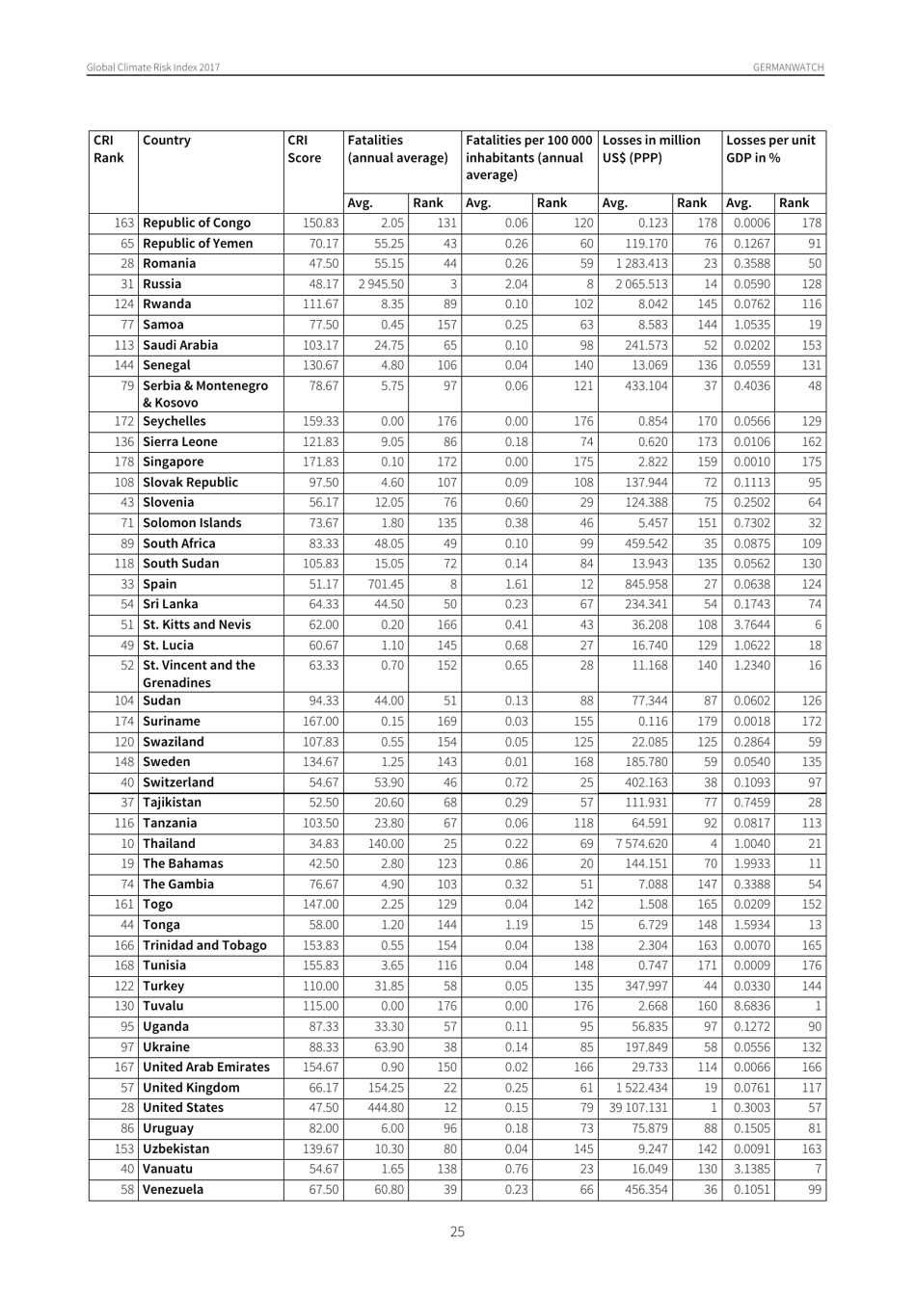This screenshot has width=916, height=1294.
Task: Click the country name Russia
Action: (x=162, y=284)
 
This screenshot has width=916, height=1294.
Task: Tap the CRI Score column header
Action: (x=304, y=149)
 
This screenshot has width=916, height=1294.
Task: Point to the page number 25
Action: (x=457, y=1231)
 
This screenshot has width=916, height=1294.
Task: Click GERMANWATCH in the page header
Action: (x=789, y=67)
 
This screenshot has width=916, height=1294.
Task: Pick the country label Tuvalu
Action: (x=165, y=1006)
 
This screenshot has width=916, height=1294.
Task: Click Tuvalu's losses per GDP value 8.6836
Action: (x=751, y=1006)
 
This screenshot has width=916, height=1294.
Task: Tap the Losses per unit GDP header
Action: (x=769, y=149)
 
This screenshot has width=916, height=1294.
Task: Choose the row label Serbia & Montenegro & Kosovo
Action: (x=205, y=394)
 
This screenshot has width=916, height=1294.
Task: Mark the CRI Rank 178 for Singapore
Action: (x=123, y=462)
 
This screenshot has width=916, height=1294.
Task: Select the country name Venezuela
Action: (x=173, y=1190)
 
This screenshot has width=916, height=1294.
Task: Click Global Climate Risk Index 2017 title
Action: (x=153, y=67)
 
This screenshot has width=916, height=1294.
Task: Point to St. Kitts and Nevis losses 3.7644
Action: (x=751, y=624)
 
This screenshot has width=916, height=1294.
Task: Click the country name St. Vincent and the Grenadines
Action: (x=199, y=673)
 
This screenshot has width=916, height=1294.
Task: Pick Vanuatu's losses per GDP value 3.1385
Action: (x=751, y=1169)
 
